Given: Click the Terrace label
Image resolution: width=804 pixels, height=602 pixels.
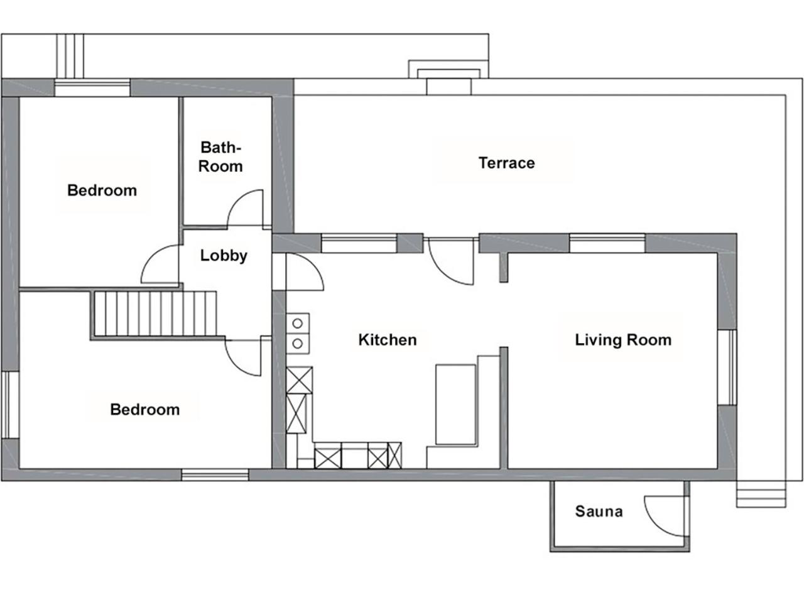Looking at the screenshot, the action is tap(506, 163).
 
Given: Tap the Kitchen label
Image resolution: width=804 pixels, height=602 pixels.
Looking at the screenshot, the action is tap(388, 340).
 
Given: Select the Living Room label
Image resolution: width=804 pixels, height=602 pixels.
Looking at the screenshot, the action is tap(623, 340).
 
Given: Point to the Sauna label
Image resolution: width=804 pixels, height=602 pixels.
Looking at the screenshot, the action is tap(599, 511).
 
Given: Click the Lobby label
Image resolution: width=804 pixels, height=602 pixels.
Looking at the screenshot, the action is tap(224, 256).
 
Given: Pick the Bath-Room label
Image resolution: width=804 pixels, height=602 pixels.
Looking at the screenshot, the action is tap(220, 157).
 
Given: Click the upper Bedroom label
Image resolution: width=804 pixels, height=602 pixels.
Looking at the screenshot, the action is tap(102, 190).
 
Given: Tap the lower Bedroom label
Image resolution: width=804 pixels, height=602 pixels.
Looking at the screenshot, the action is tap(144, 410).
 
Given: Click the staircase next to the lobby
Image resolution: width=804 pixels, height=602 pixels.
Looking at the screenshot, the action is tap(155, 314).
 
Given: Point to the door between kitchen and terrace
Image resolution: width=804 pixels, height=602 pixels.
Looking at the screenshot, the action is tap(451, 261).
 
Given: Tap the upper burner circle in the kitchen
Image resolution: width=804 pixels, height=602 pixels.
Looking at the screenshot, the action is tap(298, 324).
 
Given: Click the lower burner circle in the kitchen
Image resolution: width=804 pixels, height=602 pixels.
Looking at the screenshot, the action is tap(298, 344).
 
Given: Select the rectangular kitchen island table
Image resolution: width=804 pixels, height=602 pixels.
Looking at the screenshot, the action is tap(455, 405).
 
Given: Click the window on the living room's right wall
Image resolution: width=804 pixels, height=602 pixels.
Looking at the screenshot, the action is tap(728, 367).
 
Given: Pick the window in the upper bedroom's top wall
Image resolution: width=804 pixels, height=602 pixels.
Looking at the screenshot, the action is tap(92, 87).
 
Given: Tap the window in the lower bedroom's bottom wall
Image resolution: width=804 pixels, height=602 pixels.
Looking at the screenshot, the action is tap(215, 475).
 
